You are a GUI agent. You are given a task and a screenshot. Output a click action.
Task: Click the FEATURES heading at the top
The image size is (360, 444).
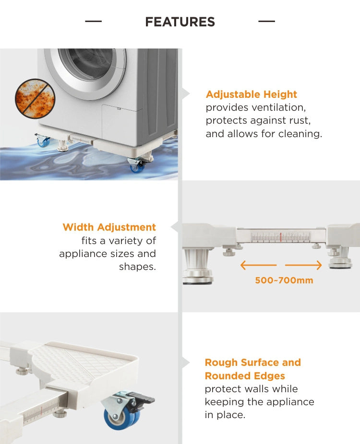point(180,22)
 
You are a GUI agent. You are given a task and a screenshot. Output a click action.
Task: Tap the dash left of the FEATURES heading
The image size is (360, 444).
point(93,21)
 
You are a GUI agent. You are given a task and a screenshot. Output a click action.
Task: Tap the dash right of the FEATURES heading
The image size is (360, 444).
point(266,21)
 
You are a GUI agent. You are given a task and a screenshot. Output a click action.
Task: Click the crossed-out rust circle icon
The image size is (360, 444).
point(35,99)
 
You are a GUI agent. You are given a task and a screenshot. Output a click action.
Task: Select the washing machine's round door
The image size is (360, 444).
point(85,71)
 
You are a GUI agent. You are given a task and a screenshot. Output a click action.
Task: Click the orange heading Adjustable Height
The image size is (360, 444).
point(251,94)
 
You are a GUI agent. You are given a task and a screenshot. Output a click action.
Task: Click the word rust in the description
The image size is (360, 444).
point(300,121)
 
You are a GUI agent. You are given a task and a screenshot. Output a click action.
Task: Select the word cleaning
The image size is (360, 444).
point(300,134)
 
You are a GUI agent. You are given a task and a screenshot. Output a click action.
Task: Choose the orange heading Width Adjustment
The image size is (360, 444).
point(109,227)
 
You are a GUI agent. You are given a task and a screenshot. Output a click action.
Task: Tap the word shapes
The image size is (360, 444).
point(137,267)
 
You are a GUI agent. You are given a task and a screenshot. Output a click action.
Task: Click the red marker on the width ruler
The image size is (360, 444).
point(281,237)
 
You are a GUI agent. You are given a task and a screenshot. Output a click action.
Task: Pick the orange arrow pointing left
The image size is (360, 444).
point(258,265)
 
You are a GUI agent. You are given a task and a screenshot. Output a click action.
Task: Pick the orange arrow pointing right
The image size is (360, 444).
point(303,265)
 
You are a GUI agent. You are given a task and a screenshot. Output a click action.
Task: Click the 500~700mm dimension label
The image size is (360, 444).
point(284,280)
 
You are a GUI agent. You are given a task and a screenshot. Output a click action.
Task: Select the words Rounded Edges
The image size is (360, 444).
point(245,376)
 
